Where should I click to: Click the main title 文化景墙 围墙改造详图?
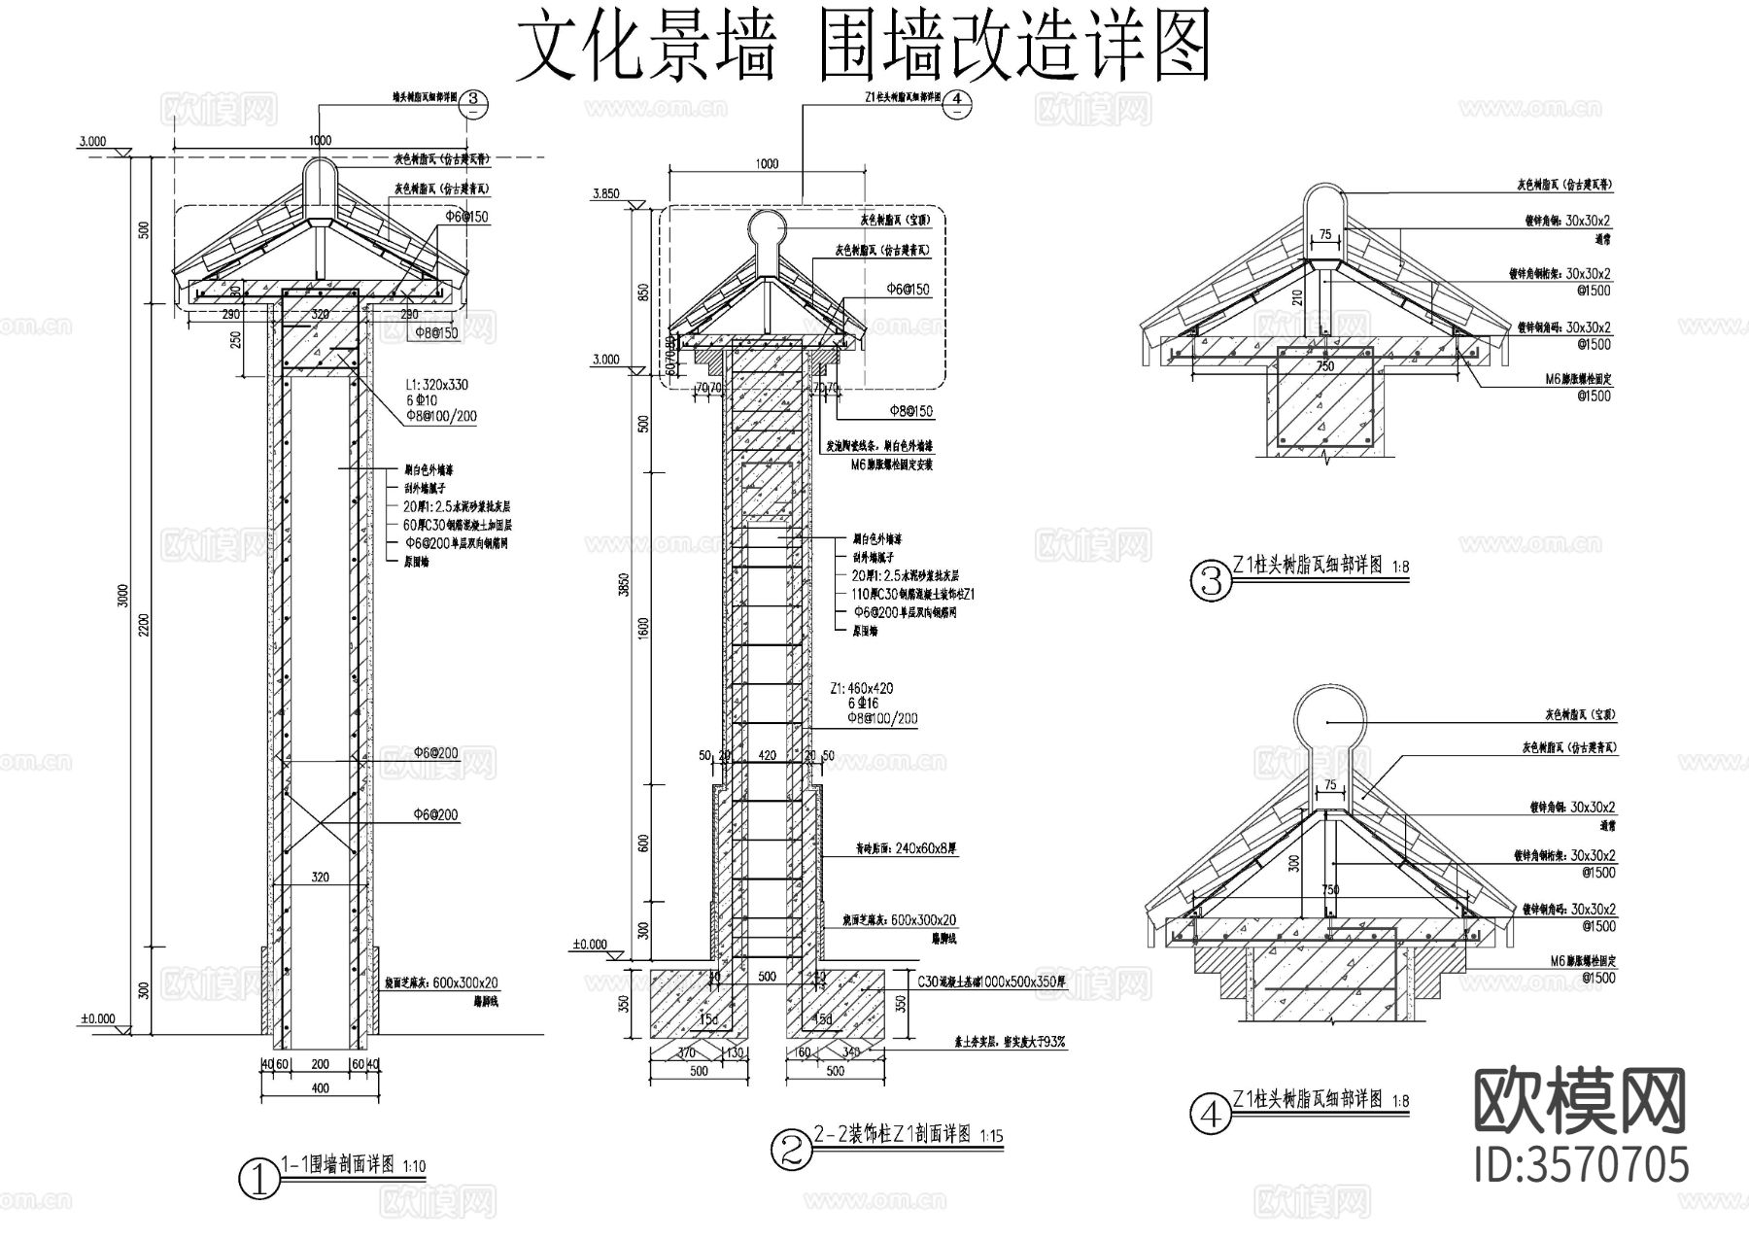click(x=863, y=47)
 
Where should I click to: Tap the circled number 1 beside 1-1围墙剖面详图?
click(x=258, y=1180)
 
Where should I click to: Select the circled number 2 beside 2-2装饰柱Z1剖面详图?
click(x=790, y=1149)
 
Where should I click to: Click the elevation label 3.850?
click(x=604, y=194)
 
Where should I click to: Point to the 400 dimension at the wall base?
click(x=321, y=1088)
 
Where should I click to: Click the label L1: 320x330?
click(x=436, y=385)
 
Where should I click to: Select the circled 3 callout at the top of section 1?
click(x=472, y=100)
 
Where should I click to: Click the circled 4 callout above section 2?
click(x=957, y=100)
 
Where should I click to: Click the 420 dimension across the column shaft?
click(x=768, y=755)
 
